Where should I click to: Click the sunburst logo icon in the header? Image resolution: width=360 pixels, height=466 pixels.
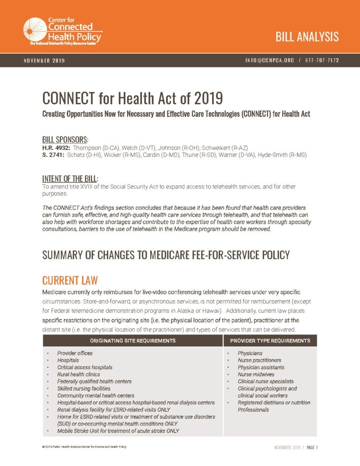point(35,30)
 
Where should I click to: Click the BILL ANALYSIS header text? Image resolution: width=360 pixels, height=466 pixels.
point(307,37)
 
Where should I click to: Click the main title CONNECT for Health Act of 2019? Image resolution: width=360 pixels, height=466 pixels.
point(133,98)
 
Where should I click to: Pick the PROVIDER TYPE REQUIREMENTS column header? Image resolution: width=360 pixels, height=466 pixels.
point(270,340)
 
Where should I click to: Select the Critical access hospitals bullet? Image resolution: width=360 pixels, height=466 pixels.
point(85,367)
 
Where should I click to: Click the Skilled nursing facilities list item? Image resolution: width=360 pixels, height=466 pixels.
point(84,389)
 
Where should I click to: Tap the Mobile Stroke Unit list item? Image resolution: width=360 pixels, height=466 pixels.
point(118,431)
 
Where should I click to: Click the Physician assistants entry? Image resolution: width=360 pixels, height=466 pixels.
point(261,367)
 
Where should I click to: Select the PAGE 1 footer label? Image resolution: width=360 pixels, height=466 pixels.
point(312,447)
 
